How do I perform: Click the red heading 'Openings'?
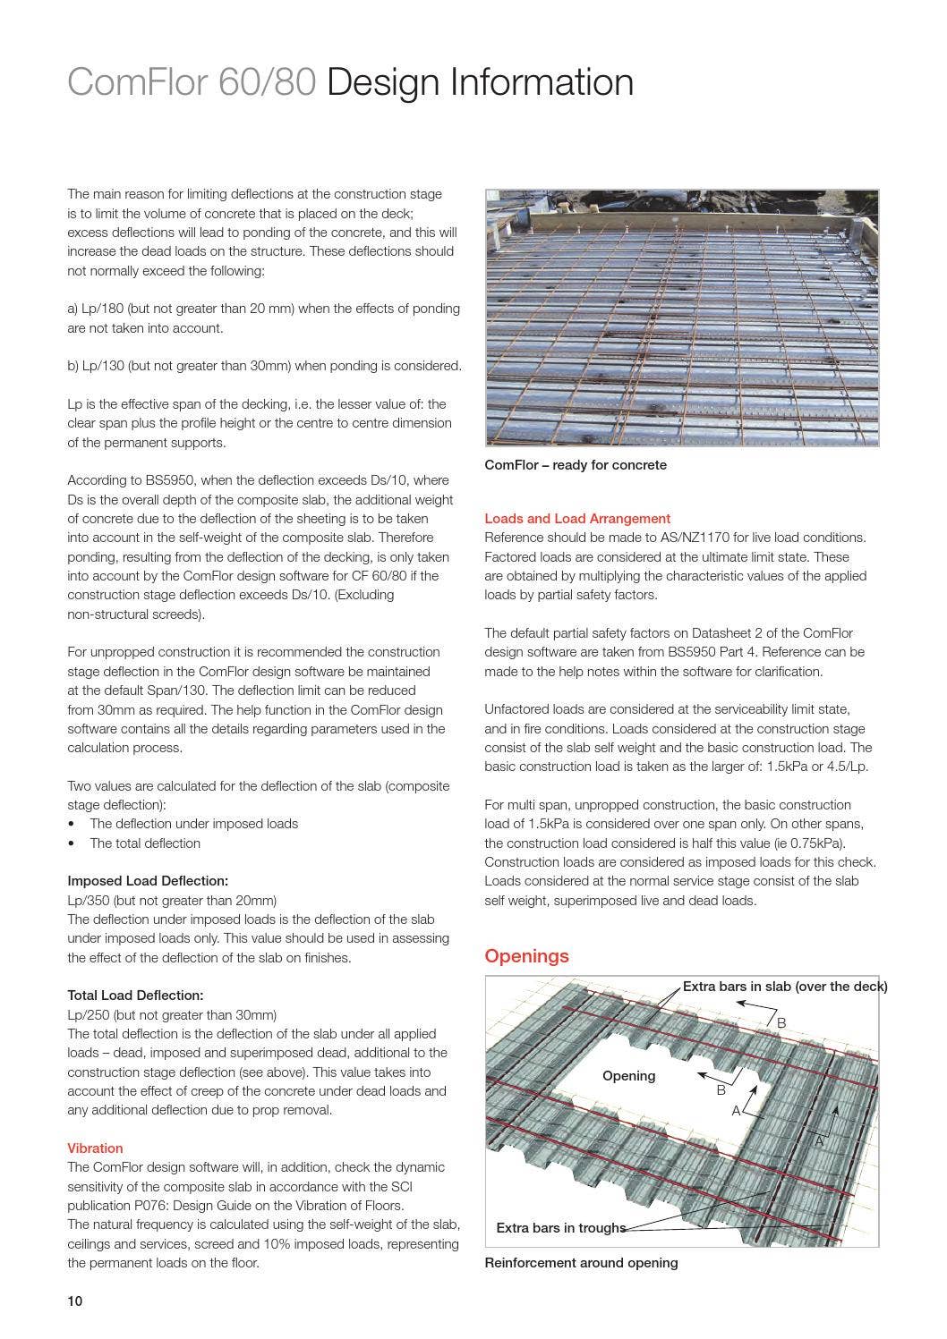[526, 956]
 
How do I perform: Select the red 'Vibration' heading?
[95, 1148]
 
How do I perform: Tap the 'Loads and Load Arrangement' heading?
[576, 518]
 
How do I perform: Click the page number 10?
[74, 1301]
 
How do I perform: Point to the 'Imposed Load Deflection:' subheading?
[148, 881]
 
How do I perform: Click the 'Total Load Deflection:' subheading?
[135, 995]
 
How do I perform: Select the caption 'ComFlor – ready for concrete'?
[575, 465]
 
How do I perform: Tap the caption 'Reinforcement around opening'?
[581, 1263]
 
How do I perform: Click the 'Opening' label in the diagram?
[628, 1076]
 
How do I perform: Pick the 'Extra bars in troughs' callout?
[560, 1228]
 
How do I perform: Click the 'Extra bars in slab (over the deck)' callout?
[784, 987]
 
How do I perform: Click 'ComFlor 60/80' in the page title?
[192, 82]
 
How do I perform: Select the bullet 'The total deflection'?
[145, 843]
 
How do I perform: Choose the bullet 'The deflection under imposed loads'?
[193, 824]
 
